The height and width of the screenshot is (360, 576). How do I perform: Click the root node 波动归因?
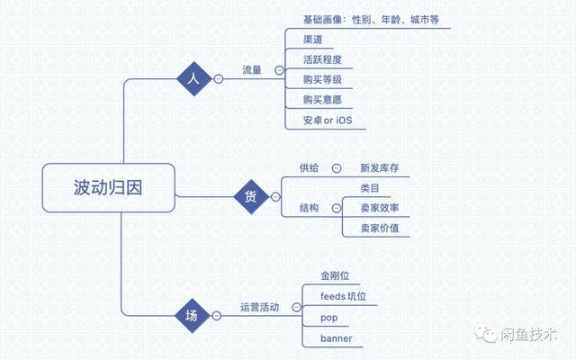click(x=108, y=188)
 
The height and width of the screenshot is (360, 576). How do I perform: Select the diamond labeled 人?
click(x=194, y=78)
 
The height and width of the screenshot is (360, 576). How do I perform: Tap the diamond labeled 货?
click(x=251, y=197)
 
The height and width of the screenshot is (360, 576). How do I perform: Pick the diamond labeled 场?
click(x=192, y=316)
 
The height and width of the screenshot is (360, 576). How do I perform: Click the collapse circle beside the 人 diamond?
click(x=219, y=78)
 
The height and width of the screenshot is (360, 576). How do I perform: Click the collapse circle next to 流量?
click(x=280, y=70)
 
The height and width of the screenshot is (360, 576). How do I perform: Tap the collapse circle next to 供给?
click(x=337, y=168)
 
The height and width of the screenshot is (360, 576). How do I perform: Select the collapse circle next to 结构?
click(x=337, y=208)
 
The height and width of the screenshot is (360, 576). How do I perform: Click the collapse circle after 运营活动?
click(x=296, y=307)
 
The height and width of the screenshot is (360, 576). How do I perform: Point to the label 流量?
click(x=252, y=70)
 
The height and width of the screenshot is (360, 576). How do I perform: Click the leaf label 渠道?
click(x=313, y=40)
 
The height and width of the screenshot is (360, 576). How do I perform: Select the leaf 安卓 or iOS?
click(x=328, y=120)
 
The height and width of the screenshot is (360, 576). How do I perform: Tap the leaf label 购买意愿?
click(x=322, y=100)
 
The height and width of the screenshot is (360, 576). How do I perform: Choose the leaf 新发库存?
click(x=380, y=168)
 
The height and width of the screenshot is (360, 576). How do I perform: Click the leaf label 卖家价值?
click(x=380, y=228)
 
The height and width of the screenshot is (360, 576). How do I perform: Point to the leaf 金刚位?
click(x=335, y=275)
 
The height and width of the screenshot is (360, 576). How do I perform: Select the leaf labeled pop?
click(x=329, y=318)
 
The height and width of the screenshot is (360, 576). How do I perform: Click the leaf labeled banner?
click(x=337, y=338)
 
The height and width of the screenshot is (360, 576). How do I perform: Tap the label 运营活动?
click(x=260, y=307)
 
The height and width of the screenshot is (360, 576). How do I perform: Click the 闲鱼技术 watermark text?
click(x=528, y=334)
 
